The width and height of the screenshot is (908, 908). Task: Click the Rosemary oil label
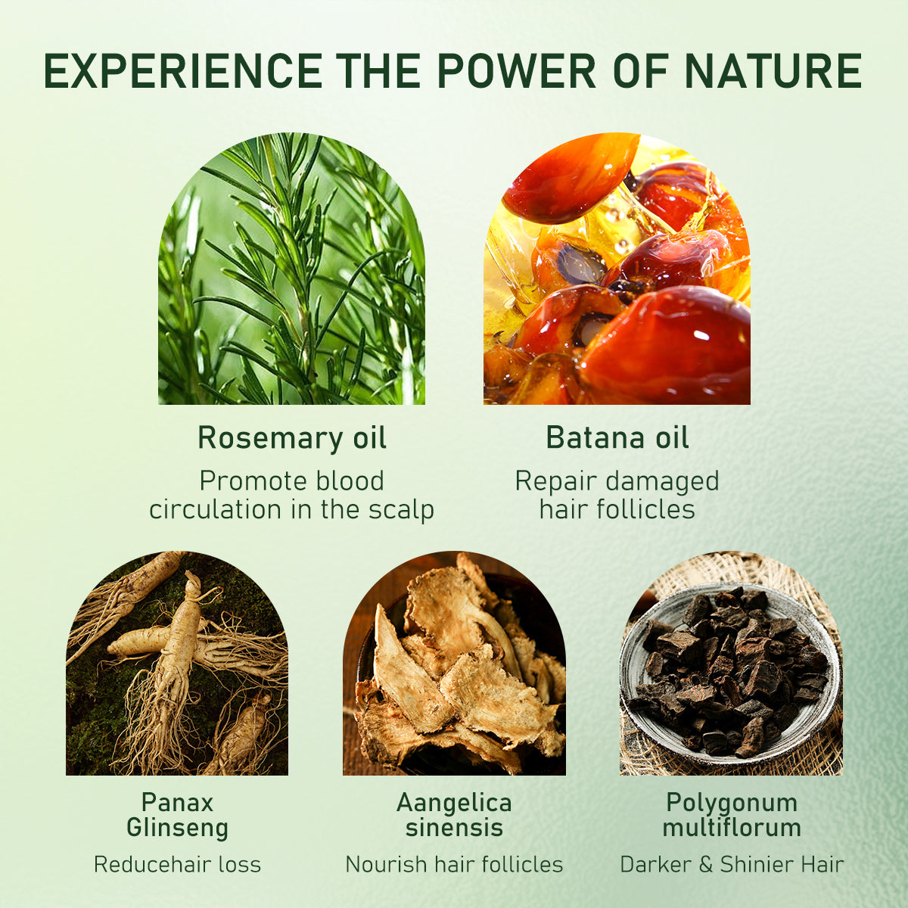pos(291,438)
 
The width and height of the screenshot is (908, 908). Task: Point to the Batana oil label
pos(617,438)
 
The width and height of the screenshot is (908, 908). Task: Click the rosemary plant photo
pos(291,272)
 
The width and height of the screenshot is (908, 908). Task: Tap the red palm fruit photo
pos(617,272)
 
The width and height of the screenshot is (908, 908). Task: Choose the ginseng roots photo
pos(177,666)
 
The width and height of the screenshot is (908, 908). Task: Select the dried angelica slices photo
pos(454,666)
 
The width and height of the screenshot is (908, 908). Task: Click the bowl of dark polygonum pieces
pos(730,670)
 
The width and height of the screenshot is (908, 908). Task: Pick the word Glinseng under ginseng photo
pos(177,827)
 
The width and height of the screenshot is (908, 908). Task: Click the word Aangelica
pos(454,802)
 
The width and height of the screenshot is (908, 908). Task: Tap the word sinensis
pos(454,827)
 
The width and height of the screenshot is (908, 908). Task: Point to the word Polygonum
pos(732,802)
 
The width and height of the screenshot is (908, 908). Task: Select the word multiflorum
pos(732,827)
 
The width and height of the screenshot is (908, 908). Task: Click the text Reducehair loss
pos(177,864)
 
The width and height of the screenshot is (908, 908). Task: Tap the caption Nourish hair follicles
pos(454,864)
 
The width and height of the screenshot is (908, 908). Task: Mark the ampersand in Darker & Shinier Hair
pos(705,864)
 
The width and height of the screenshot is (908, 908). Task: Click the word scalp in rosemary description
pos(402,510)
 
